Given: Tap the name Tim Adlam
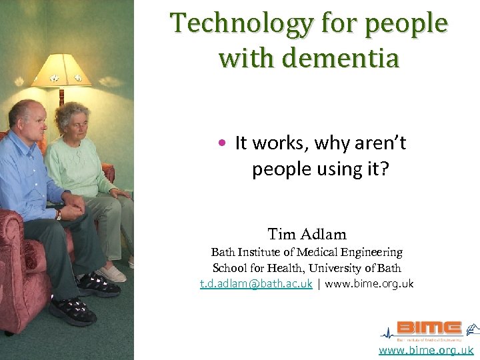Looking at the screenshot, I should click(x=307, y=234).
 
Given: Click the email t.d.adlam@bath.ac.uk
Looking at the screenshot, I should click(x=256, y=283).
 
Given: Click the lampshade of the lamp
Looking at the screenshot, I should click(x=61, y=70).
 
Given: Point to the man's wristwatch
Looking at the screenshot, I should click(x=59, y=215).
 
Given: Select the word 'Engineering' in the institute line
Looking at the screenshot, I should click(x=371, y=253).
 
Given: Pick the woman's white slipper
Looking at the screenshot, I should click(x=111, y=274).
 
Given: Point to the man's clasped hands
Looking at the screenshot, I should click(x=75, y=204).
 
